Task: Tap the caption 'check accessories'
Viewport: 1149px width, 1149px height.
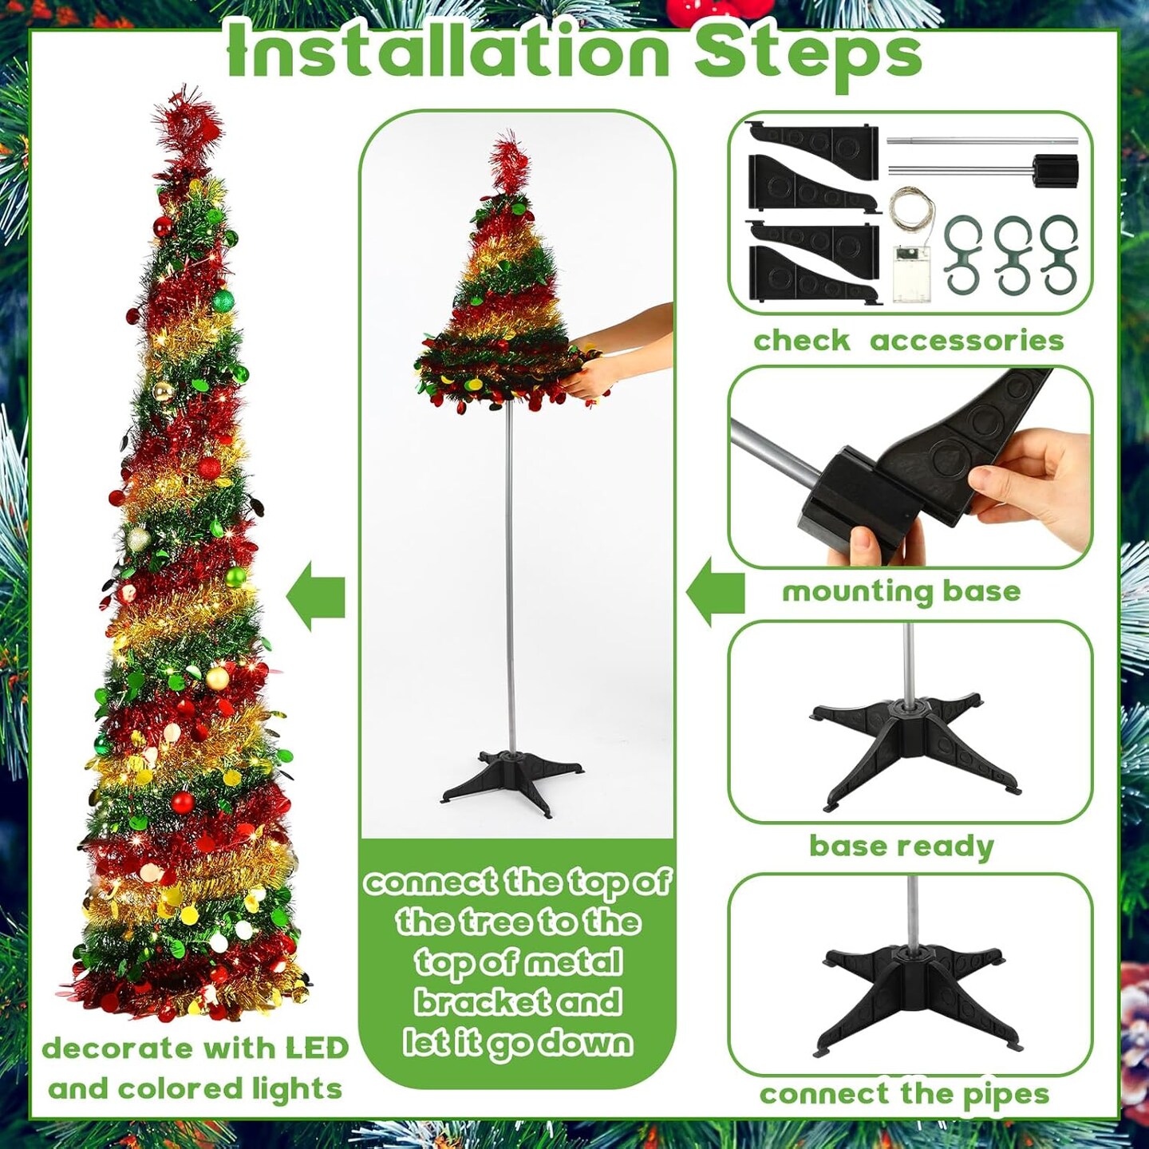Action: pos(908,341)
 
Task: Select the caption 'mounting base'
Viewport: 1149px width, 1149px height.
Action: pos(901,591)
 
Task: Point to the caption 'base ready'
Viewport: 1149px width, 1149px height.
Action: pos(901,846)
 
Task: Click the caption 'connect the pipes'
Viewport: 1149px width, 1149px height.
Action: pos(904,1094)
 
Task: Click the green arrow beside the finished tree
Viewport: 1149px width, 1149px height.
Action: pos(316,596)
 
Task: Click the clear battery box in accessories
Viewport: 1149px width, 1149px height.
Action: pos(910,273)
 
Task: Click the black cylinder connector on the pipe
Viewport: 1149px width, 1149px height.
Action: pos(1055,170)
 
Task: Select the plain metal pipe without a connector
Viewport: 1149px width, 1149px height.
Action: pos(969,141)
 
